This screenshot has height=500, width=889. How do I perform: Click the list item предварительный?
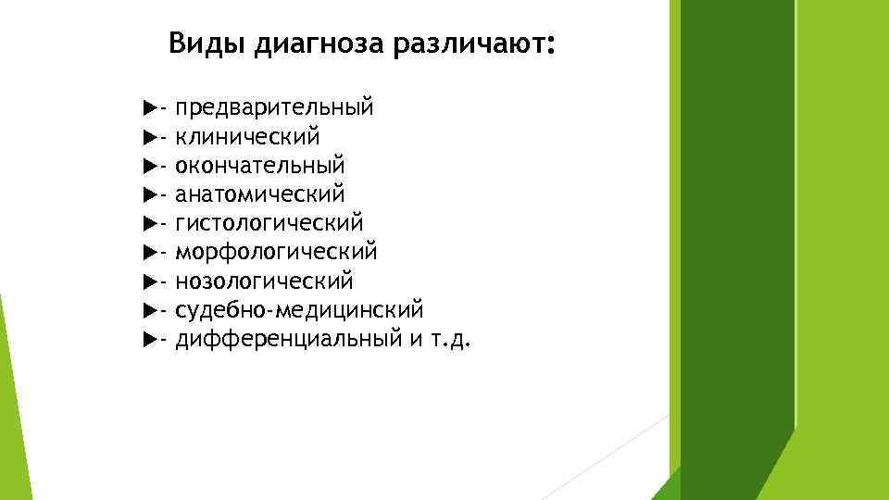(x=275, y=108)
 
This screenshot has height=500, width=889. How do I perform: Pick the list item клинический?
(x=248, y=137)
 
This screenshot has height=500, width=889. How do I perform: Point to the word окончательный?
(x=260, y=166)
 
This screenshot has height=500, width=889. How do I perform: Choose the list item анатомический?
(x=260, y=194)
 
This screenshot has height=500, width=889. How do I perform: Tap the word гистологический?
(x=269, y=223)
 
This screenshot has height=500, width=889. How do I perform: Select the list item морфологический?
(x=276, y=252)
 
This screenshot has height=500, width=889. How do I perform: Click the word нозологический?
(x=264, y=281)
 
